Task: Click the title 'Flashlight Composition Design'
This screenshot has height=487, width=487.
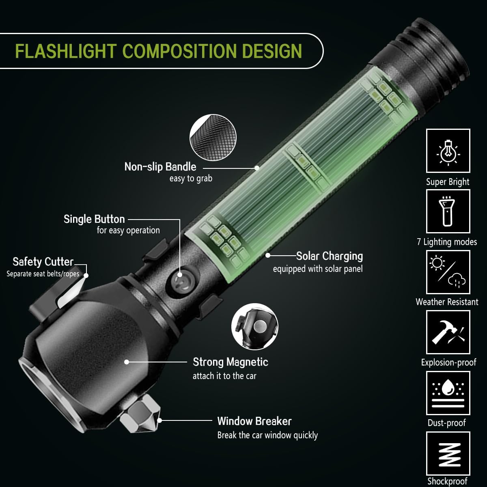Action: [158, 51]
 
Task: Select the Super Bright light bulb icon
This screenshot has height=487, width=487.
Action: [448, 151]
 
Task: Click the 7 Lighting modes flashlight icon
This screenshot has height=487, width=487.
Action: [448, 211]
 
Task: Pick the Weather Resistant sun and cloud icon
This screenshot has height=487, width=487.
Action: [448, 272]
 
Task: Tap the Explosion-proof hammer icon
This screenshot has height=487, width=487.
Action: [448, 332]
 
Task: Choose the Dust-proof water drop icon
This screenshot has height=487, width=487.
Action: [448, 392]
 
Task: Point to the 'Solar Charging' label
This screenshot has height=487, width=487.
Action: [329, 256]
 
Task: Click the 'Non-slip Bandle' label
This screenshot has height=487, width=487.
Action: [160, 167]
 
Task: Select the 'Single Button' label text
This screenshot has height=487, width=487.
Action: [94, 219]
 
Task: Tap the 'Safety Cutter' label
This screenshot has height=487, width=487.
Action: [43, 262]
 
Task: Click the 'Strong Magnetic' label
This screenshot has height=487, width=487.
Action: [231, 362]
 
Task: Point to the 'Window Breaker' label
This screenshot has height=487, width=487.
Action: [254, 421]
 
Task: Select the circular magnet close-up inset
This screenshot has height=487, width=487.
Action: [256, 327]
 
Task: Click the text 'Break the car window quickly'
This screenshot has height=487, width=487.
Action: [267, 435]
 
